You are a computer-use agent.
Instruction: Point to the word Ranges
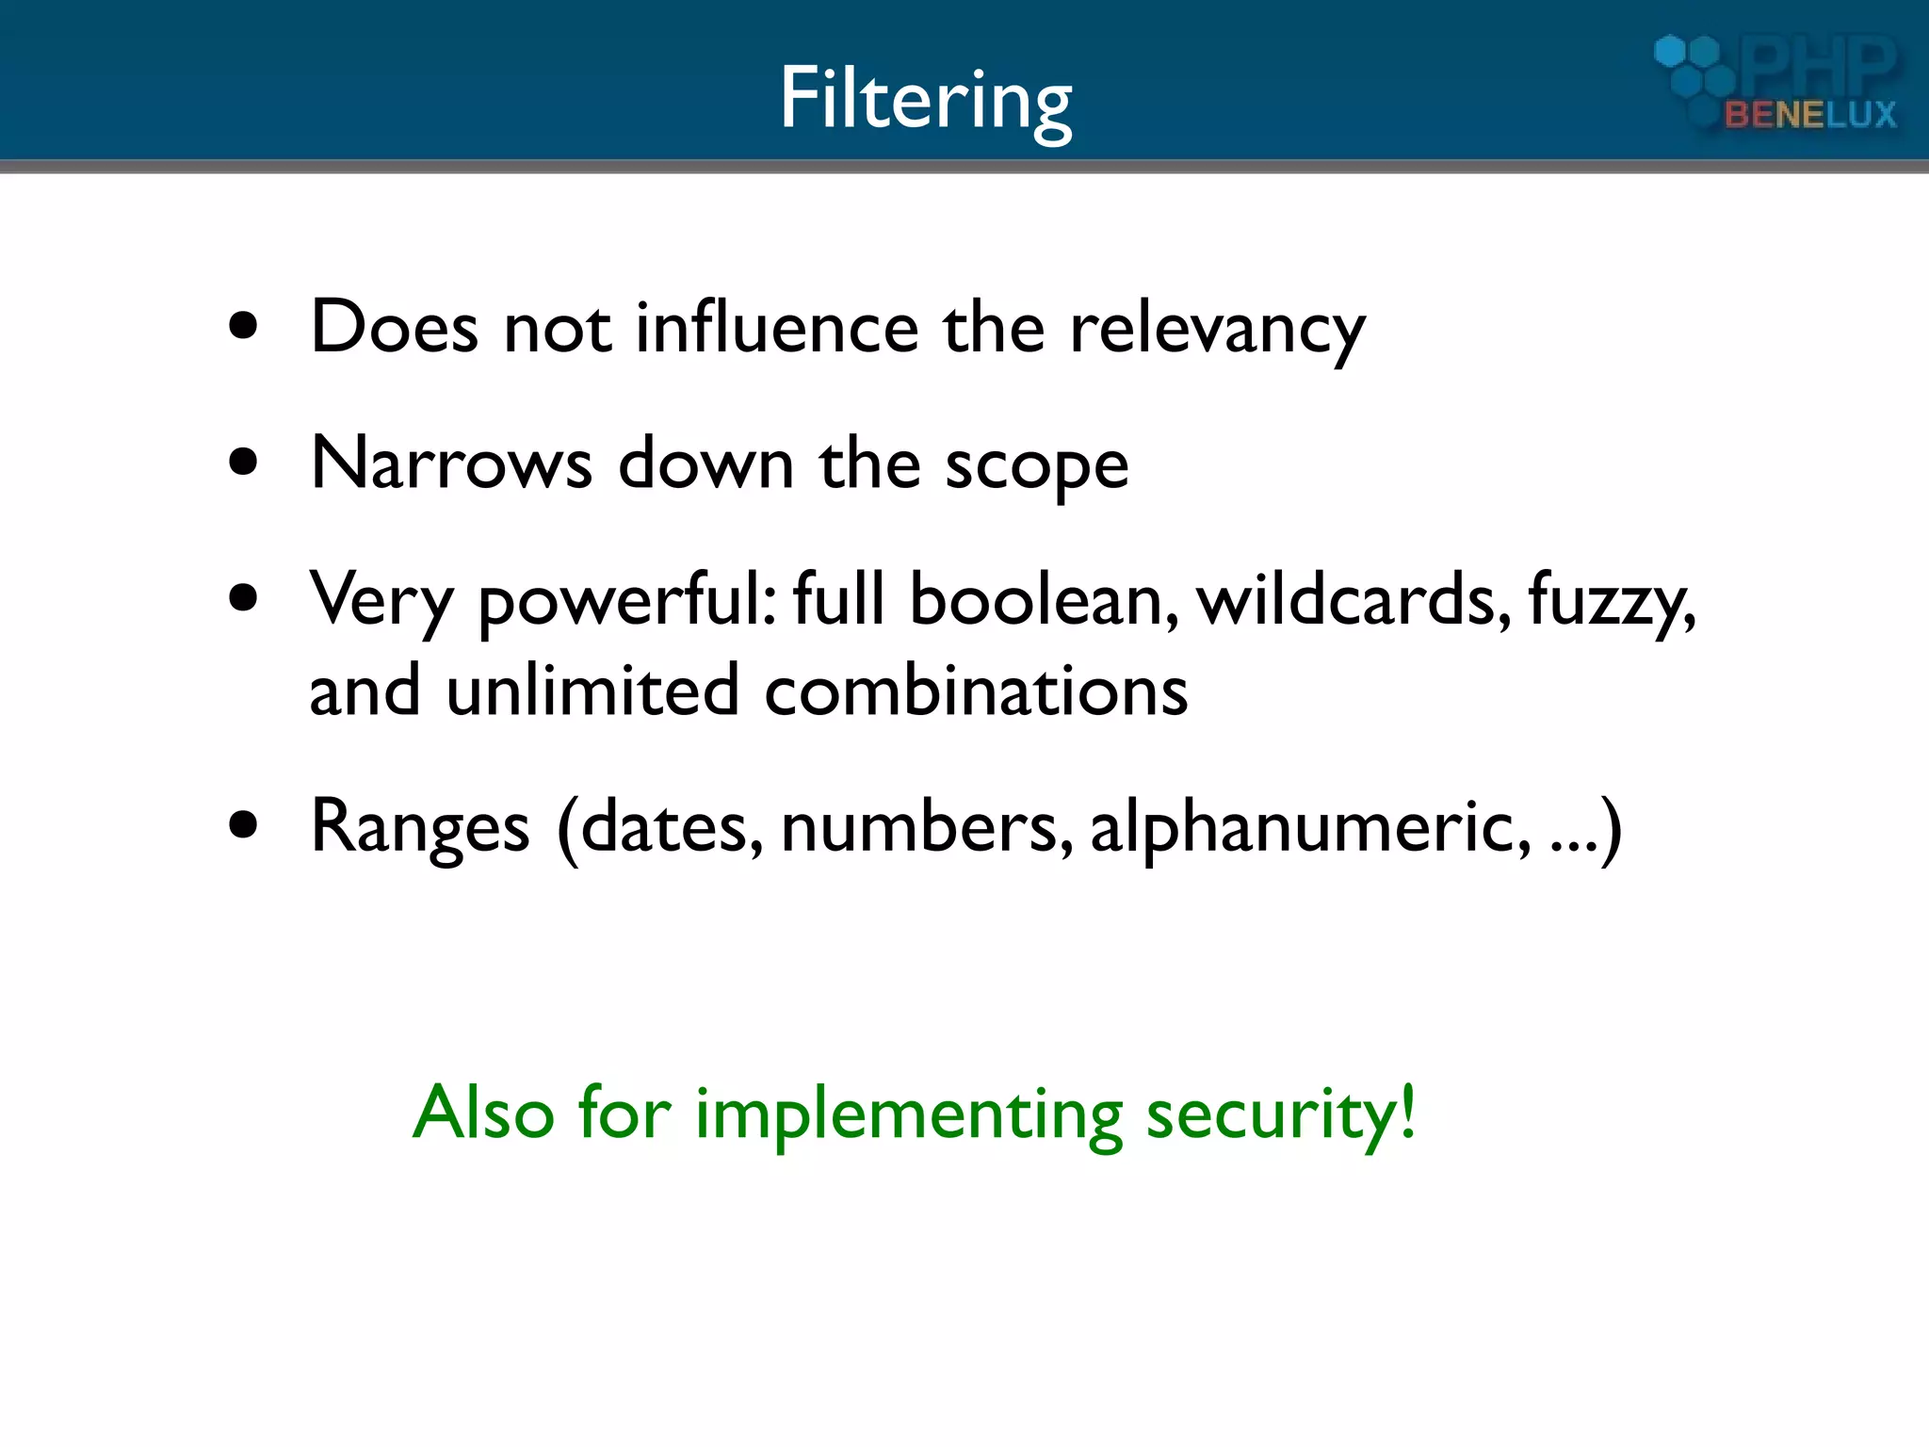[420, 827]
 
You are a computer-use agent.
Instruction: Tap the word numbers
[927, 827]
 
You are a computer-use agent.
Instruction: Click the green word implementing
[908, 1115]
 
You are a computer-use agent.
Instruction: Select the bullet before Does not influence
[243, 327]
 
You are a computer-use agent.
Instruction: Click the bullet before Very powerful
[243, 598]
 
